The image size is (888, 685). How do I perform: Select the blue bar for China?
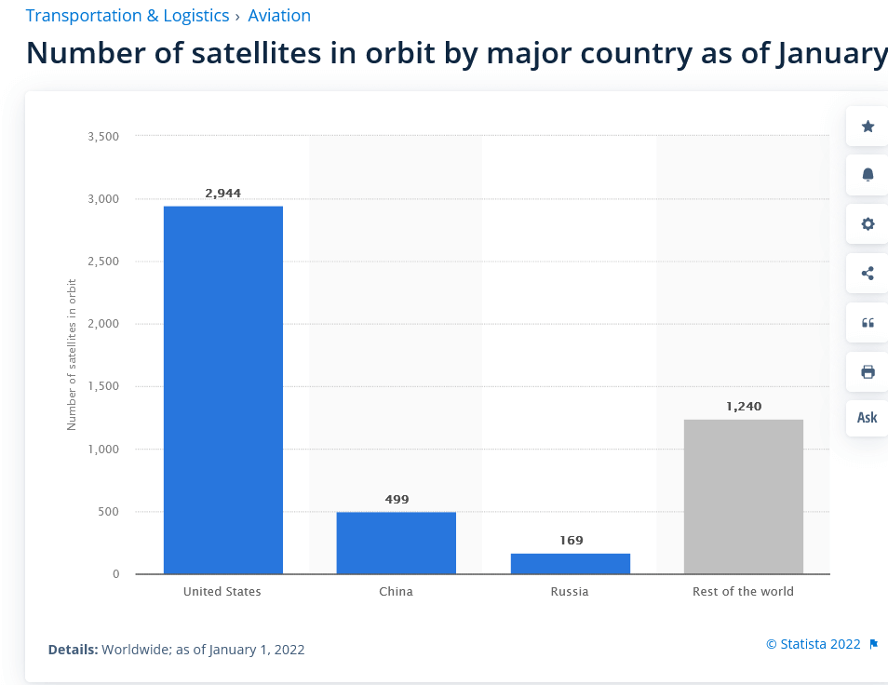[x=397, y=543]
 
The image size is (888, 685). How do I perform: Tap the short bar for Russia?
[x=570, y=563]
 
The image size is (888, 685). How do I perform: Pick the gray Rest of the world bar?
[x=744, y=496]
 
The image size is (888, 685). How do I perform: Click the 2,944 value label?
[x=223, y=194]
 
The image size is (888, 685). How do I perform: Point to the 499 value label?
[x=397, y=500]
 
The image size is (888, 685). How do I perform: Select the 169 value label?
[x=570, y=541]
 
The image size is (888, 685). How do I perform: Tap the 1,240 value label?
[x=744, y=407]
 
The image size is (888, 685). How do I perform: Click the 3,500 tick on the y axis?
[x=103, y=137]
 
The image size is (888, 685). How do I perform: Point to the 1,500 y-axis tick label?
[x=103, y=386]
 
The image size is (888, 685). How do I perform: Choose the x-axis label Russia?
[x=570, y=592]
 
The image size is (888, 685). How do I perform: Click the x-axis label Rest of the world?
[x=744, y=592]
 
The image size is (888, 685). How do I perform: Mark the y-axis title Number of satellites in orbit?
[x=72, y=354]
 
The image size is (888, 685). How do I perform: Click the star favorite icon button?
[x=868, y=127]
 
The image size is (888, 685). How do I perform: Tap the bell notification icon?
[x=868, y=175]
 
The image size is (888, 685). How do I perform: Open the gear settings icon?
[x=868, y=224]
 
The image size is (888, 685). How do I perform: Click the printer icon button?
[x=868, y=372]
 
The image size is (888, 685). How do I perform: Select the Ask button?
[x=868, y=417]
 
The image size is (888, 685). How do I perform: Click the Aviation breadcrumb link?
[x=279, y=16]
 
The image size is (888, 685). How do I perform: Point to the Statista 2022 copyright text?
[x=814, y=644]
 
